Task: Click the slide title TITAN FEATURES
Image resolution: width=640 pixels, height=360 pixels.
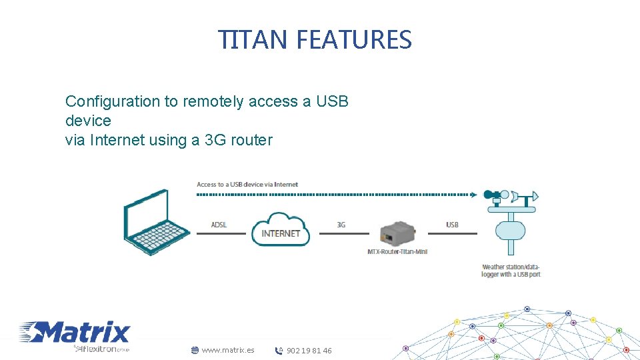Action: pos(315,40)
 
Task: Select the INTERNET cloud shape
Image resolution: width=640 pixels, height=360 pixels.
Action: pos(281,229)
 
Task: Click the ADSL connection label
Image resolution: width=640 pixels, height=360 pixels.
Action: pos(219,225)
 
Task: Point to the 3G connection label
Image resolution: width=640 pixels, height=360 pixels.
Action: pos(341,225)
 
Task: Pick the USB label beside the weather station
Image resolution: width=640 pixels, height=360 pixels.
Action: pos(452,225)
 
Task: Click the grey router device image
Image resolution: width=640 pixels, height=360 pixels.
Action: pos(397,233)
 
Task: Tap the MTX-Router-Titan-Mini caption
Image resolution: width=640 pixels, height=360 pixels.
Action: pos(397,251)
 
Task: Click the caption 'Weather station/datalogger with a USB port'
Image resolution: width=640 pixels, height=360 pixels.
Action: pos(511,271)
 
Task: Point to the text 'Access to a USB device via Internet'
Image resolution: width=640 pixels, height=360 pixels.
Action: pos(247,184)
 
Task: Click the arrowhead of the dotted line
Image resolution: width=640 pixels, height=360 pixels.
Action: pos(474,195)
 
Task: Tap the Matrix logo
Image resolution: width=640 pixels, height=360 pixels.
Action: pos(75,332)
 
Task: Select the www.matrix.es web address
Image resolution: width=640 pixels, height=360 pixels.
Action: pos(227,350)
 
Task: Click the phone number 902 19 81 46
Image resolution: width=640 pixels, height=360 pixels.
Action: pos(309,351)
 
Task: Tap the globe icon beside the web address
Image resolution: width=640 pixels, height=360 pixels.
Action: pos(195,350)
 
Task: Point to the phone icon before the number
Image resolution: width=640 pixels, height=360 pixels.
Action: pos(279,351)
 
